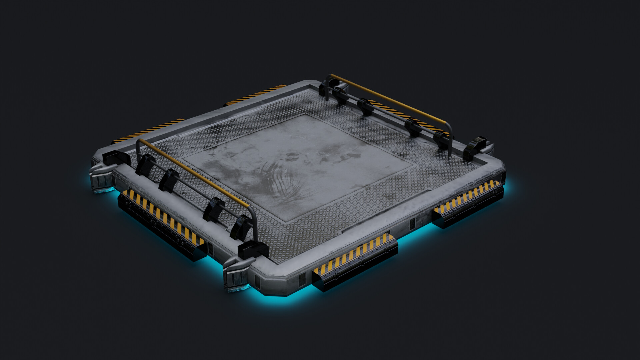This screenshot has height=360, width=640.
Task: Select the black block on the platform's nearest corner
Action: pyautogui.click(x=253, y=250)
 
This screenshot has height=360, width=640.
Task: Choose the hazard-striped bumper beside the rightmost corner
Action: pyautogui.click(x=468, y=202)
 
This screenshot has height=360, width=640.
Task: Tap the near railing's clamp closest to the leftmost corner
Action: pyautogui.click(x=145, y=164)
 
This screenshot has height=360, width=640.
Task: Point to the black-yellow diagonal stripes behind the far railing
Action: pyautogui.click(x=405, y=115)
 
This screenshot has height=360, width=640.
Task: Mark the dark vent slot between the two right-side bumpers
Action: pyautogui.click(x=412, y=224)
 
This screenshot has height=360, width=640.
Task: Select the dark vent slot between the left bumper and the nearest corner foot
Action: pyautogui.click(x=211, y=248)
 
